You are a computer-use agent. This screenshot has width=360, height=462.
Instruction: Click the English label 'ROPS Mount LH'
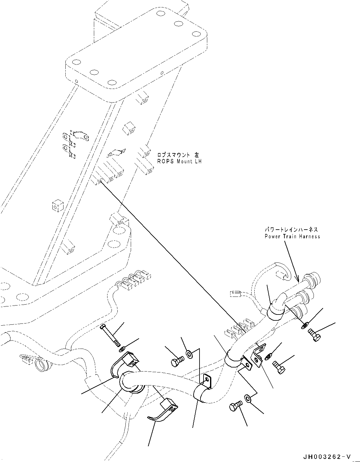point(179,161)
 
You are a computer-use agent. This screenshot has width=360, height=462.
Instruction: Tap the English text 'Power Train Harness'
point(292,236)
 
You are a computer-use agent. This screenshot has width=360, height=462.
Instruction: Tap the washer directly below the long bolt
point(122,350)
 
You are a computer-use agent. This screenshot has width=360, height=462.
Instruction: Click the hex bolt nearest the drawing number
point(235,406)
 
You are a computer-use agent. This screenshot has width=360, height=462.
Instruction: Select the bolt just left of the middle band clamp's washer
point(177,361)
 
